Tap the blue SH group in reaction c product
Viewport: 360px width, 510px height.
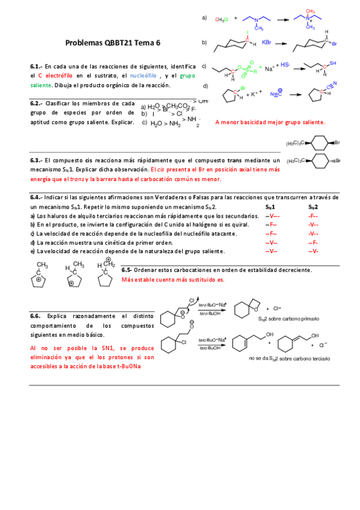(334, 62)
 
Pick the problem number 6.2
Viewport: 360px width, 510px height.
(35, 103)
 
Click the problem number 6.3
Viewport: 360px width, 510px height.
(35, 161)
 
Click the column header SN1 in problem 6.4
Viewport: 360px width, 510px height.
(270, 206)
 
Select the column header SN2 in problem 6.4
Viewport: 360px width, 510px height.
(313, 206)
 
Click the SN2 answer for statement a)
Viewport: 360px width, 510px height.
(313, 215)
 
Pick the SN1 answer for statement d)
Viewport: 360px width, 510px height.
(270, 242)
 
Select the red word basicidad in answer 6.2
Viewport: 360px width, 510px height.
(251, 122)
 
